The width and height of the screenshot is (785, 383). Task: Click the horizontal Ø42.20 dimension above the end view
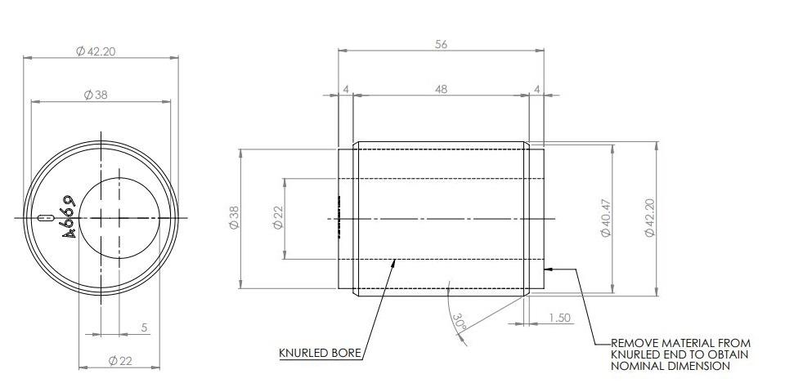tap(96, 51)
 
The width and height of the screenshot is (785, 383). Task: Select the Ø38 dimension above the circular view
tap(96, 95)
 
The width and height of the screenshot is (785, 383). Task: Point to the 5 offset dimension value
tap(145, 327)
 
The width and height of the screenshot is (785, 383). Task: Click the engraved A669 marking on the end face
tap(70, 217)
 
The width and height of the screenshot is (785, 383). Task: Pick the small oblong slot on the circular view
tap(46, 218)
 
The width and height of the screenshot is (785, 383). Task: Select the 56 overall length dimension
tap(441, 45)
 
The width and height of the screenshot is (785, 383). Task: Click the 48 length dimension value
tap(441, 89)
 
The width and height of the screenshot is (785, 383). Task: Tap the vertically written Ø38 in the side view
tap(234, 218)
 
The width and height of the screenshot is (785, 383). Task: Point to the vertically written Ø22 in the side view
tap(278, 218)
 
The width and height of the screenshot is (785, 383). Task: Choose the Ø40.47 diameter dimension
tap(606, 218)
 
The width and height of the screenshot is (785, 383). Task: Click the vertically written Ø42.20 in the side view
tap(650, 218)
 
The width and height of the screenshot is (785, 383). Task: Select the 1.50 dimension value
tap(559, 318)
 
